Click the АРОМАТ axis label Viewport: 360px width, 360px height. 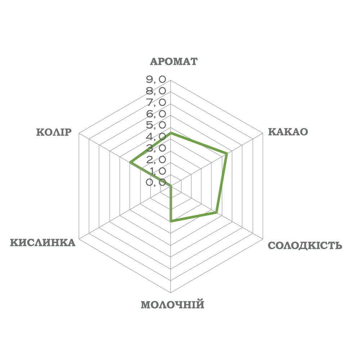pos(174,61)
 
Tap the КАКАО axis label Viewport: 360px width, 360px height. pos(288,132)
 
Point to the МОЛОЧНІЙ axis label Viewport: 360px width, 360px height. pos(173,305)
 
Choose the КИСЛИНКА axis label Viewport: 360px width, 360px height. pos(43,242)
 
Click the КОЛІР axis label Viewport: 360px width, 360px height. pos(52,132)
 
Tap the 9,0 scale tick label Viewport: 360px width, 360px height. pos(156,79)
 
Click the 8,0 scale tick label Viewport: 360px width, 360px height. pos(156,90)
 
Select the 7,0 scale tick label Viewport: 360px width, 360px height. pos(156,102)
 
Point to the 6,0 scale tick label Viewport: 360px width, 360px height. pos(156,114)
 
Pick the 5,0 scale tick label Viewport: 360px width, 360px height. pos(156,125)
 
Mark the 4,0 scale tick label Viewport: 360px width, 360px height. pos(156,137)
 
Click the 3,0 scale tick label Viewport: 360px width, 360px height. pos(156,148)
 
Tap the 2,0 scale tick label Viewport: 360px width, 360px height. pos(156,159)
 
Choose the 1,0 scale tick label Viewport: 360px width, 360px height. pos(156,171)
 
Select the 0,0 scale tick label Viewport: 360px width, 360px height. pos(156,183)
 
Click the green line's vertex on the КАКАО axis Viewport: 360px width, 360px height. pos(227,153)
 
